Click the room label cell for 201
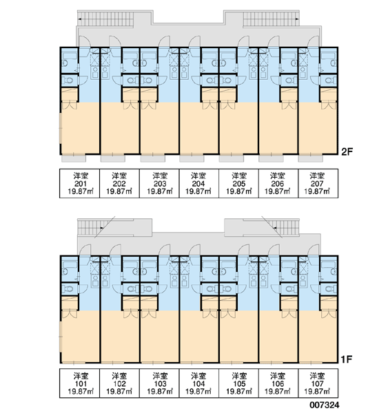tap(80, 183)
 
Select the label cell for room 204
tap(198, 183)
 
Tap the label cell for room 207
tap(318, 183)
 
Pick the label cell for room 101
tap(80, 383)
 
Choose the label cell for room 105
tap(238, 383)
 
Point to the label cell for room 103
tap(159, 383)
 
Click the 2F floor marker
tap(347, 151)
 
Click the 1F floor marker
tap(347, 359)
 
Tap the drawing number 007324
tap(325, 405)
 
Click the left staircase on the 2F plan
tap(105, 19)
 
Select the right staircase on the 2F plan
tap(271, 19)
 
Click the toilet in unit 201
tap(68, 81)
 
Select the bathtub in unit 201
tap(70, 56)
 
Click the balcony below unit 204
tap(192, 158)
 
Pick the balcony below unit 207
tap(310, 158)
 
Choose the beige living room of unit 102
tap(120, 337)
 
